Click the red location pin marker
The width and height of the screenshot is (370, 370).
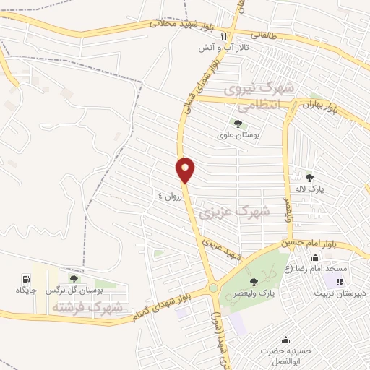(185, 170)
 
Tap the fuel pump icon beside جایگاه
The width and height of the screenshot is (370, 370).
(27, 278)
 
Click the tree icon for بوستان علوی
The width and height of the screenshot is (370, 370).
(238, 124)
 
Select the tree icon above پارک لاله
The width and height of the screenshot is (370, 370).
(310, 177)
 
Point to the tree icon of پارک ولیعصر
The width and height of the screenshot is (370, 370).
(253, 281)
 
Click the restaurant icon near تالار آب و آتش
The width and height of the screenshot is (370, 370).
(224, 35)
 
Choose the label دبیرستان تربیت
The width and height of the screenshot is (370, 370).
(342, 293)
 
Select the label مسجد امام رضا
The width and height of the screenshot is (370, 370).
(345, 268)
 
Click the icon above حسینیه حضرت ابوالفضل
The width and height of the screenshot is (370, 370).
(286, 340)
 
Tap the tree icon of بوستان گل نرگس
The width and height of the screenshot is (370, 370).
(73, 278)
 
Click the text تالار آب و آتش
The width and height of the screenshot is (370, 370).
(224, 47)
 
